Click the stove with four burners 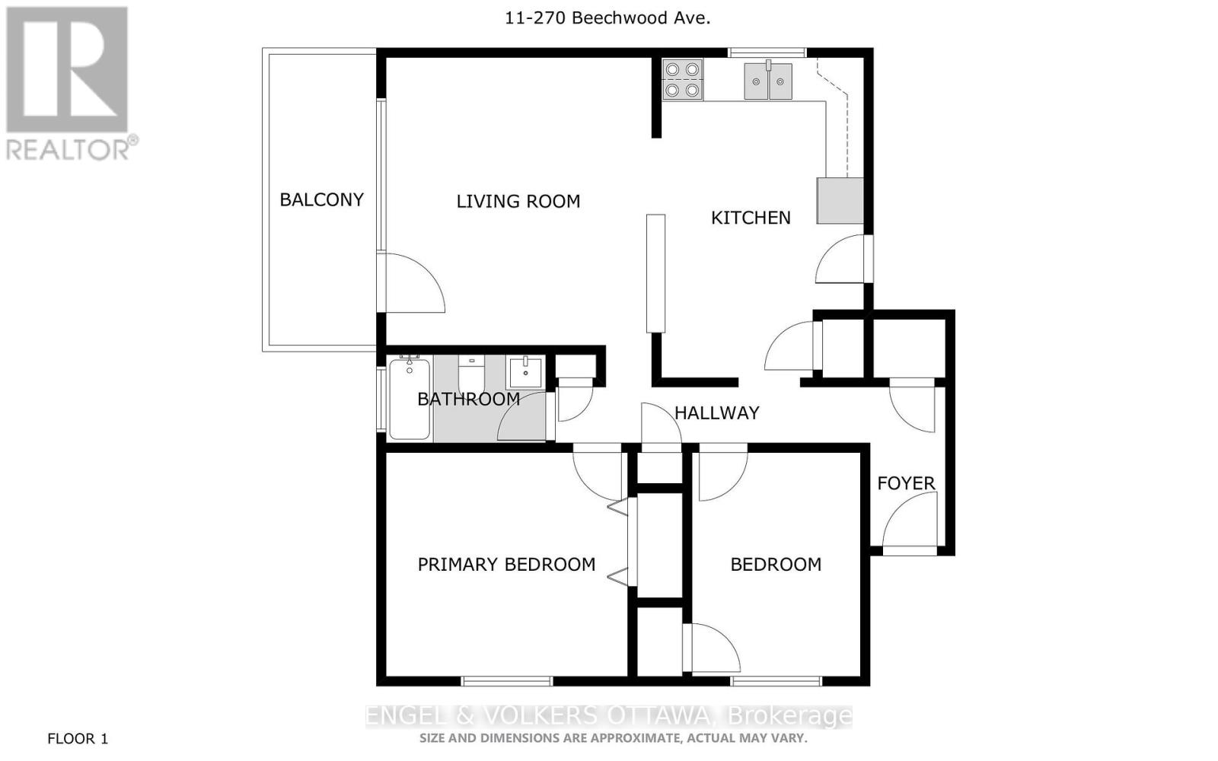click(x=681, y=80)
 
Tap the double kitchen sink click(x=768, y=81)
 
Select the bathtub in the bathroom click(x=410, y=399)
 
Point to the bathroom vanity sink click(x=525, y=373)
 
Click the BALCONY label click(x=321, y=199)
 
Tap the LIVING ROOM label click(x=518, y=201)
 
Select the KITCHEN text click(x=750, y=218)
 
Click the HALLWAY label click(x=716, y=412)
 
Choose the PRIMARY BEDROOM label click(x=506, y=564)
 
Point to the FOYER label click(x=905, y=483)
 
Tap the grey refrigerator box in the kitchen click(x=840, y=201)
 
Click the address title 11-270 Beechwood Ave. click(x=607, y=18)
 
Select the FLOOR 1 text click(x=78, y=738)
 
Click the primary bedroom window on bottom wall click(x=506, y=680)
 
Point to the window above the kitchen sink click(x=767, y=53)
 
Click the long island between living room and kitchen click(x=655, y=273)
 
